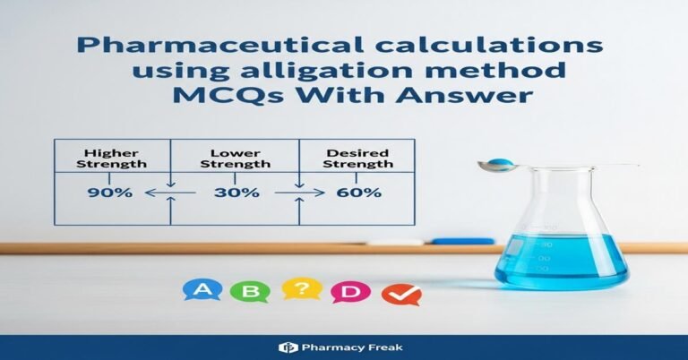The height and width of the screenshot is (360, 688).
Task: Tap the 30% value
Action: click(x=236, y=193)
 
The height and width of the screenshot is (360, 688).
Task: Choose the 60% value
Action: click(x=358, y=193)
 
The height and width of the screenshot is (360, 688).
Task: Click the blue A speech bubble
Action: click(x=202, y=289)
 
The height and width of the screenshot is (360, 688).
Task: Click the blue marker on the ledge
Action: click(x=462, y=241)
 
